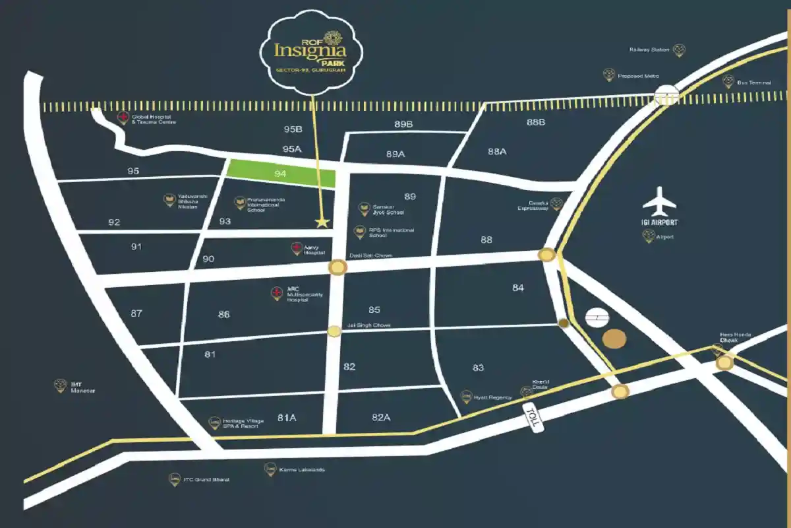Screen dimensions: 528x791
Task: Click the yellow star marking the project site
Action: [x=322, y=222]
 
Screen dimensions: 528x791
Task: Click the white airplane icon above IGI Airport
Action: [x=659, y=202]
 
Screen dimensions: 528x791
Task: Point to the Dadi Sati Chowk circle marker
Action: [x=337, y=267]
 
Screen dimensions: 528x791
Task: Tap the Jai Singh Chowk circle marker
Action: [x=335, y=331]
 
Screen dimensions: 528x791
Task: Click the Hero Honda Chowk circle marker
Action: [x=725, y=362]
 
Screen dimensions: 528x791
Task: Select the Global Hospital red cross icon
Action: [x=123, y=117]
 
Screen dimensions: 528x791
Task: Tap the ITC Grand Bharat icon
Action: [x=174, y=478]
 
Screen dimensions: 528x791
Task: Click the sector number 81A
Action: [x=287, y=417]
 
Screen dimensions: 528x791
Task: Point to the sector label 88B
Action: [x=535, y=122]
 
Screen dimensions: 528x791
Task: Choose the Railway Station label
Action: [x=650, y=49]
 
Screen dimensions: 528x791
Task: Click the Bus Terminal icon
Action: [x=728, y=82]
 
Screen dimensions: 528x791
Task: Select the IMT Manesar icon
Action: [x=61, y=385]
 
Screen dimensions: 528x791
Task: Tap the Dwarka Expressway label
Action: [x=533, y=205]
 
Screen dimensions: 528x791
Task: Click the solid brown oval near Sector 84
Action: [x=615, y=339]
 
